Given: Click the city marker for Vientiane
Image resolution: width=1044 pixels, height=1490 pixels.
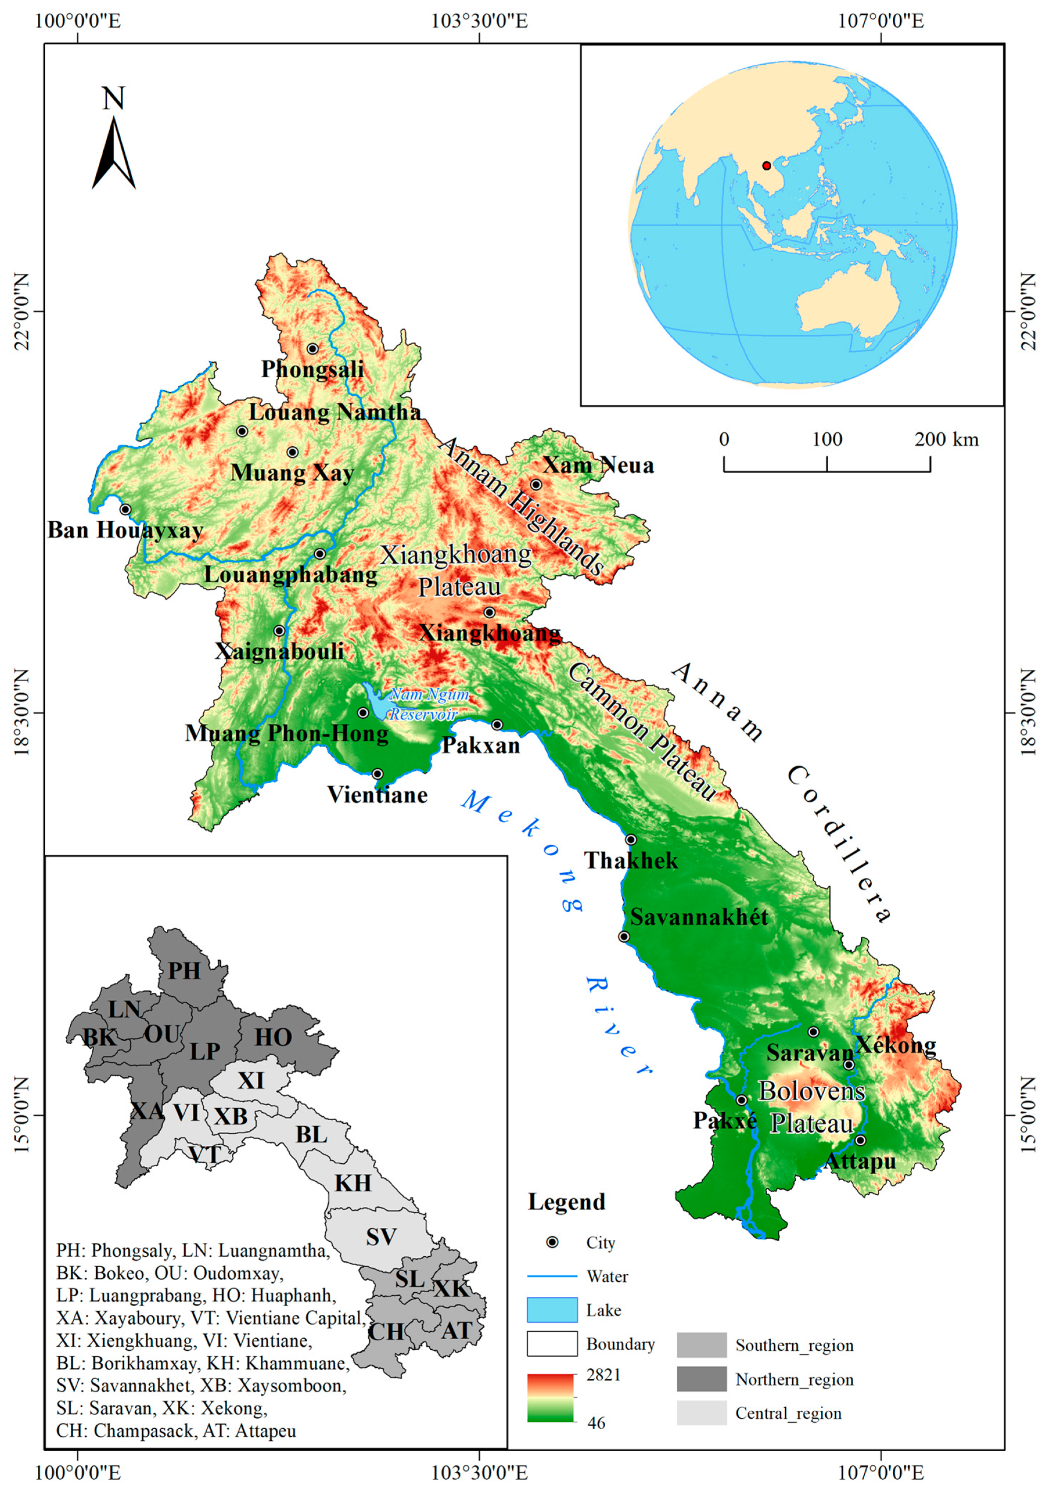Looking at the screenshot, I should coord(377,773).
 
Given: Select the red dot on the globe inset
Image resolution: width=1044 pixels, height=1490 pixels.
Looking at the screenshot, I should coord(766,165).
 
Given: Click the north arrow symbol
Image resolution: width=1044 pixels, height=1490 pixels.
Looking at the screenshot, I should coord(113,153).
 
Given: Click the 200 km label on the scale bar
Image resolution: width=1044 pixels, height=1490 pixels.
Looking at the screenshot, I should coord(946,440).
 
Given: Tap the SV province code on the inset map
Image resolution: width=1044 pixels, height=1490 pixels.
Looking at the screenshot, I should coord(381,1237).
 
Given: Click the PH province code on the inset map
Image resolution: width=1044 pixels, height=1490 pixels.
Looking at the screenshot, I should coord(184,971).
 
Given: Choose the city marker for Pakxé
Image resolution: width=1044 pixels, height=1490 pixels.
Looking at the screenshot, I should coord(741,1100).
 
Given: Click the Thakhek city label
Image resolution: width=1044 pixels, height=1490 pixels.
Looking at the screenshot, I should coord(631,860).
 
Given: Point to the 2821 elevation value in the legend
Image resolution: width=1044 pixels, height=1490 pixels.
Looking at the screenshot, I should coord(603,1374).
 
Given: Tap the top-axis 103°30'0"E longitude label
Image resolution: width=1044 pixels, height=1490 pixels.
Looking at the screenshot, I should coord(480,21).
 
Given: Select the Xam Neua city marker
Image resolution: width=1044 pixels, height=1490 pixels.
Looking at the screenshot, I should coord(536,484).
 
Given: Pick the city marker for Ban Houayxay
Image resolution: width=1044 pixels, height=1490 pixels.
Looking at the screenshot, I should coord(125,510).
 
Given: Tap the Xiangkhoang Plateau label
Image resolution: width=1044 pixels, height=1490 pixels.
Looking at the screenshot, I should coord(458,570).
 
